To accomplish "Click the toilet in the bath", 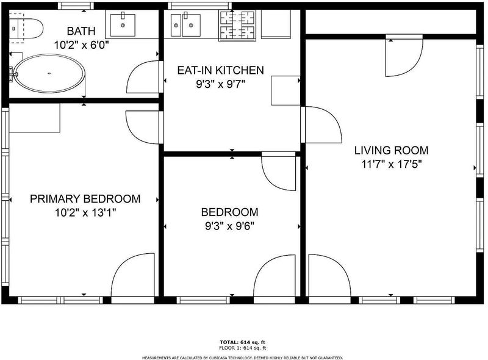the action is pyautogui.click(x=26, y=28).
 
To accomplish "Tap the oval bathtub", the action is pyautogui.click(x=49, y=73).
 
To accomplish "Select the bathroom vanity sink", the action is pyautogui.click(x=123, y=25).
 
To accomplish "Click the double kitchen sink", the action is pyautogui.click(x=185, y=25).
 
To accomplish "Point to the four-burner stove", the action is pyautogui.click(x=237, y=25).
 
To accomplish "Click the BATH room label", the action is pyautogui.click(x=81, y=31).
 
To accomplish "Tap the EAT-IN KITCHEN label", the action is pyautogui.click(x=220, y=70).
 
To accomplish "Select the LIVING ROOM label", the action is pyautogui.click(x=391, y=151).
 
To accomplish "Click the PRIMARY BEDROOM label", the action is pyautogui.click(x=85, y=199).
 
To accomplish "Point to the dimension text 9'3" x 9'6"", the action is pyautogui.click(x=230, y=226).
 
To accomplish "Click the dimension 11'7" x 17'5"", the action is pyautogui.click(x=391, y=164).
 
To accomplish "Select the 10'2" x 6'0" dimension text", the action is pyautogui.click(x=81, y=45).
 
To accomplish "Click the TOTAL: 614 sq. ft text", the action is pyautogui.click(x=242, y=342).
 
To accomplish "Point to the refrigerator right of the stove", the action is pyautogui.click(x=276, y=24).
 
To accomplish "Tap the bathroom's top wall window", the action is pyautogui.click(x=76, y=6).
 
